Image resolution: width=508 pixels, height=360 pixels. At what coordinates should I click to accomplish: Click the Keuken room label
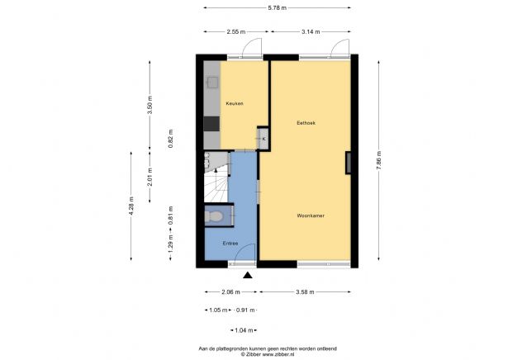tap(234, 103)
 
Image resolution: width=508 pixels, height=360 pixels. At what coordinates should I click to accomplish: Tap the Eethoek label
tap(306, 123)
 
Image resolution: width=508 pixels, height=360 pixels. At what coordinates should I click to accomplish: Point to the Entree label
tap(230, 244)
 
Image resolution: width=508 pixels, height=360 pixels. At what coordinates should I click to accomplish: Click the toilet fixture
tap(214, 216)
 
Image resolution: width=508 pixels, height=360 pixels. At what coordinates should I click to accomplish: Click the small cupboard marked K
tap(263, 139)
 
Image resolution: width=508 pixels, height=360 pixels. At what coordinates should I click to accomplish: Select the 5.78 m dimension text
tap(278, 8)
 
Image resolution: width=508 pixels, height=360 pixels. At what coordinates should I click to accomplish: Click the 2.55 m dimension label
tap(236, 31)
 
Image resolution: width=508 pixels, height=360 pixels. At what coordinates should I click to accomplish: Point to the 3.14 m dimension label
tap(311, 31)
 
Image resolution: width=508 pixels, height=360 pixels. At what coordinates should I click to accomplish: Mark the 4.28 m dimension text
tap(131, 206)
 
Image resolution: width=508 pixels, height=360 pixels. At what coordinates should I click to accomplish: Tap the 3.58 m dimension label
tap(306, 291)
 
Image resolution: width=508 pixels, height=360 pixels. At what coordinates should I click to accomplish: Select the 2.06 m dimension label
tap(231, 291)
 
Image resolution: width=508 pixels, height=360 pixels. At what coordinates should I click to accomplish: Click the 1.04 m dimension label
tap(244, 330)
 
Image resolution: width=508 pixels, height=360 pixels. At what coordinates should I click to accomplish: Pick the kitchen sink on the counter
tap(211, 83)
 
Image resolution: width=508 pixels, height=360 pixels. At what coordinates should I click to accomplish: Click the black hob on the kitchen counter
tap(211, 123)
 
